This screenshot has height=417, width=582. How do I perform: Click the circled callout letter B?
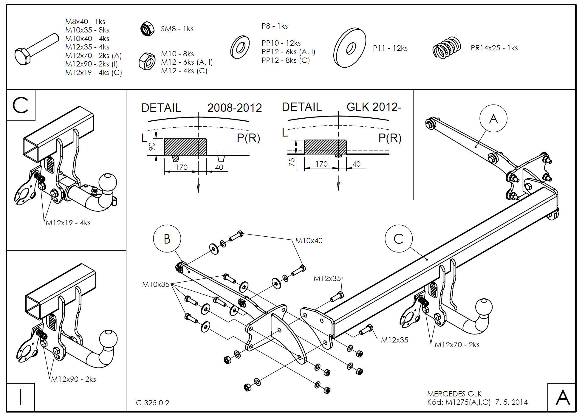click(167, 239)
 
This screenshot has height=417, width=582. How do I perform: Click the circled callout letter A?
click(493, 119)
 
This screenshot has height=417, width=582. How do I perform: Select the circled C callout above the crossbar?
click(398, 239)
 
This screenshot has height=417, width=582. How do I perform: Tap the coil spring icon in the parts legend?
click(446, 48)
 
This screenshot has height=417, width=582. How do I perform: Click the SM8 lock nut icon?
click(147, 29)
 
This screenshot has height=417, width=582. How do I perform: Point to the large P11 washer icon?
click(350, 48)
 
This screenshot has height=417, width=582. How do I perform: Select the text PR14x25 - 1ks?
click(494, 48)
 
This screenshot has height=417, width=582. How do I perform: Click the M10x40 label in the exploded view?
click(309, 241)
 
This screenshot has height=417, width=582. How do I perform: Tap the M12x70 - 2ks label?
click(457, 345)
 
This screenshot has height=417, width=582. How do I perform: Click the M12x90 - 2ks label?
click(73, 379)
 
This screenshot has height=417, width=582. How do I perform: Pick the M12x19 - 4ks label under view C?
click(68, 223)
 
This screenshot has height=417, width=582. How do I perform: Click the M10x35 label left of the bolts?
click(156, 284)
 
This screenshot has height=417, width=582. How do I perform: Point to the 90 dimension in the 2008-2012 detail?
click(152, 147)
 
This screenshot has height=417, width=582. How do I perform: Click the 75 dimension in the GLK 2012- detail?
click(292, 162)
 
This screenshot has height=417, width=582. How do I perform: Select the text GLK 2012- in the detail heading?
click(374, 107)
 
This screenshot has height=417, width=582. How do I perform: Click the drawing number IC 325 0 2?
click(151, 403)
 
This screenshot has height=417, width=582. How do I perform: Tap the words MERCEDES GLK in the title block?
click(454, 394)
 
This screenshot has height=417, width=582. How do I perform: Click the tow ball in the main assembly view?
click(483, 307)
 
